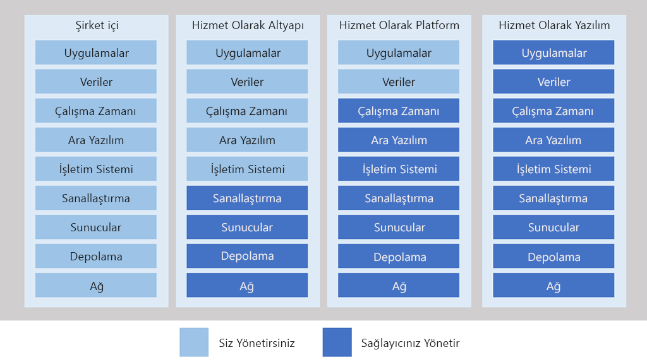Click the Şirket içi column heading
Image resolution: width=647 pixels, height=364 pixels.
[97, 25]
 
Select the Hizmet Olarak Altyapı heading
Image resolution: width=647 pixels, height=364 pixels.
[248, 25]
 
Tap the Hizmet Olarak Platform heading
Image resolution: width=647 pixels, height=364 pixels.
[399, 25]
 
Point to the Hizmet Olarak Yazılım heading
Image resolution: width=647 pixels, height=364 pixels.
[553, 25]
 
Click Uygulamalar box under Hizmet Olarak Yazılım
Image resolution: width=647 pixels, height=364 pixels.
[553, 52]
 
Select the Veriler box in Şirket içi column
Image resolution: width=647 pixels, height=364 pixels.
[96, 82]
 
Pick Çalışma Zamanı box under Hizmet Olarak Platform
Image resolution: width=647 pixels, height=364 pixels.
[399, 111]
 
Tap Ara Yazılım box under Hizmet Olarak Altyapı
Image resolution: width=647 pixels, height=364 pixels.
[247, 140]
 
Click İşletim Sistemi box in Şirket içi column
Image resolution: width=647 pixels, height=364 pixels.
[96, 168]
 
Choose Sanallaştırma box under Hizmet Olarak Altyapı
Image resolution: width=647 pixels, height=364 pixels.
[247, 198]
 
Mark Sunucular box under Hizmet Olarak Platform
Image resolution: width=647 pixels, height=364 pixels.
[399, 227]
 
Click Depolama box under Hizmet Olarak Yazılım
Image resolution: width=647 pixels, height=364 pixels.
[553, 256]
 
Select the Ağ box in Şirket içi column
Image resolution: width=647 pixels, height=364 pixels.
[96, 285]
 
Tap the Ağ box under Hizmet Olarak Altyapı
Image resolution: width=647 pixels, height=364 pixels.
[247, 285]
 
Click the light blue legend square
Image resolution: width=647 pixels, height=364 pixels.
[194, 342]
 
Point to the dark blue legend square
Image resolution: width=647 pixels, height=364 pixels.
[337, 342]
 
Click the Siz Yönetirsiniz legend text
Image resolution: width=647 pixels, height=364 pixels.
[257, 343]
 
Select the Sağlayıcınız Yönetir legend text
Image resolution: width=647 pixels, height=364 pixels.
[410, 343]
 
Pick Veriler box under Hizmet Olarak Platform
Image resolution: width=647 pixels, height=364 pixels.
[399, 82]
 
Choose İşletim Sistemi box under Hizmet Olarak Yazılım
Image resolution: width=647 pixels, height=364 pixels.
[553, 168]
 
